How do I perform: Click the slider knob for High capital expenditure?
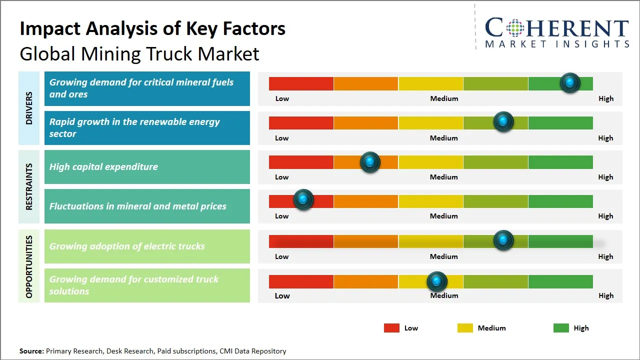coord(370,162)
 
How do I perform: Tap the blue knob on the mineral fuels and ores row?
coord(569,83)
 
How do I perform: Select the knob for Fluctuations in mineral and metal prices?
coord(303,199)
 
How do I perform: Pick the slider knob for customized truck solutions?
coord(437,282)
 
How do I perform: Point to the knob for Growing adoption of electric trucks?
coord(503,240)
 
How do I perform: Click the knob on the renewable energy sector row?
coord(503,122)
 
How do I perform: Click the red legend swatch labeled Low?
coord(391,328)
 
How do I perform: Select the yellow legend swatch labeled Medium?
coord(465,328)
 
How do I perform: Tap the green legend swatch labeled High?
coord(561,328)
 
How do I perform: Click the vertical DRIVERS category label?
coord(29,108)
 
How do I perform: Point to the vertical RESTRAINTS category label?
coord(29,186)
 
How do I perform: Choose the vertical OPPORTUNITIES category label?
coord(29,266)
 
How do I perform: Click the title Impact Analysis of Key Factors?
coord(152,29)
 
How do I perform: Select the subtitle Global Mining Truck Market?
coord(139,53)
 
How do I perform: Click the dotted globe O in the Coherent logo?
coord(515,28)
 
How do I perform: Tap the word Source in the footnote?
coord(31,351)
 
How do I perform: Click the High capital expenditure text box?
coord(147,167)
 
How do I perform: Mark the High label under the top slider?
coord(605,98)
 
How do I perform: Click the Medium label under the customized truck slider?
coord(444,295)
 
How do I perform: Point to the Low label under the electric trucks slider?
coord(281,256)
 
